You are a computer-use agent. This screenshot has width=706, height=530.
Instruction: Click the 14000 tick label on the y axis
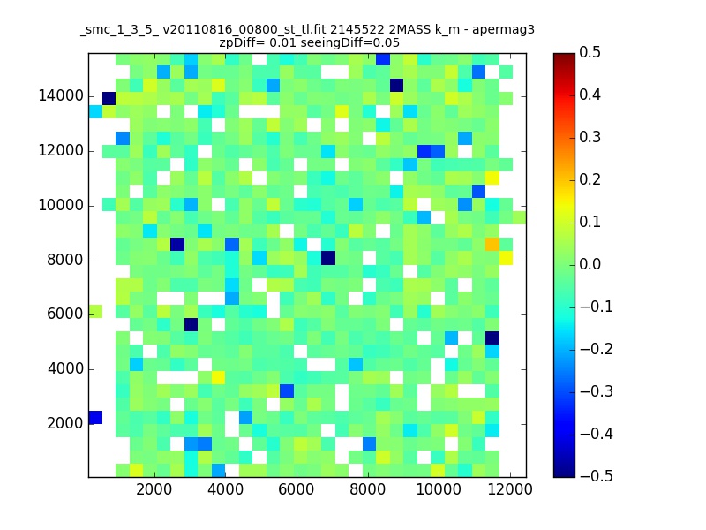tap(61, 96)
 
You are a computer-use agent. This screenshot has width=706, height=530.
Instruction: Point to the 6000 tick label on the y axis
tap(64, 314)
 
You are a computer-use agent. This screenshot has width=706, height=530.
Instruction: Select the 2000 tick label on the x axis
tap(154, 489)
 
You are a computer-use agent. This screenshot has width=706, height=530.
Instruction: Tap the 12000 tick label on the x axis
tap(510, 489)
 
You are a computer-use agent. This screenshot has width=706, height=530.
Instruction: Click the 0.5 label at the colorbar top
tap(590, 52)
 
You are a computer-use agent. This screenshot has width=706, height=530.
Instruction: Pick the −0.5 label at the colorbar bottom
tap(597, 476)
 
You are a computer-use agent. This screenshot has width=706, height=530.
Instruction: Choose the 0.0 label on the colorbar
tap(590, 264)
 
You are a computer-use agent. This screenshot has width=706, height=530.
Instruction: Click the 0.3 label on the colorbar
tap(590, 137)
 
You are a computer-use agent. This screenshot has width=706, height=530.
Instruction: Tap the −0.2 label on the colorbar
tap(597, 349)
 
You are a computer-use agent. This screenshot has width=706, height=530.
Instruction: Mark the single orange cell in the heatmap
tap(492, 245)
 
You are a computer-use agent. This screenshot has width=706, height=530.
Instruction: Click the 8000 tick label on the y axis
tap(64, 260)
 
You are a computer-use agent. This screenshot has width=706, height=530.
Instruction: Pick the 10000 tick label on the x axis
tap(439, 489)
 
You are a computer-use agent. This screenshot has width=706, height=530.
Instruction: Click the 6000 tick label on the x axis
tap(297, 489)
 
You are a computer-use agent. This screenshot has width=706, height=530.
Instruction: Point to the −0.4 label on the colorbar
tap(597, 434)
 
